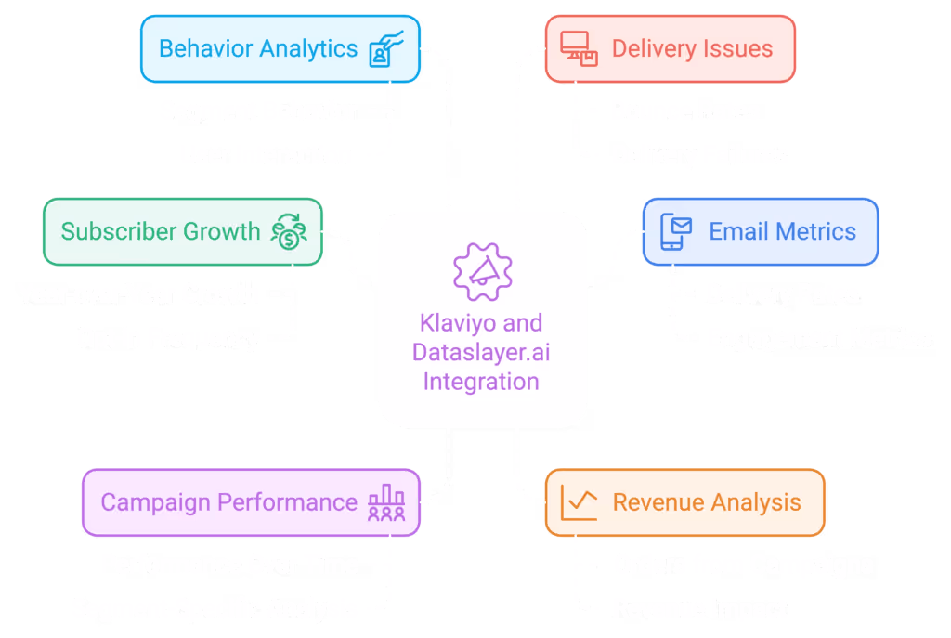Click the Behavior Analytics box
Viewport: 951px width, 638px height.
(280, 48)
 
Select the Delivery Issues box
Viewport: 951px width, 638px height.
(670, 48)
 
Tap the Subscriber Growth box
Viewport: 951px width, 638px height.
(183, 231)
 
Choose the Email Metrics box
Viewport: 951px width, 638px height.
(760, 231)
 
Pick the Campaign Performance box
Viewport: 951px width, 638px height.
(251, 502)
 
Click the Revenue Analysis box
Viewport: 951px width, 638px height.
(684, 502)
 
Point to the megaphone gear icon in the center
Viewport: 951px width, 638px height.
(481, 268)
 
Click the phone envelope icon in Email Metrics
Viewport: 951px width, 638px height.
(676, 231)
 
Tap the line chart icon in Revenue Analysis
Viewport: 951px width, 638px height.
(579, 502)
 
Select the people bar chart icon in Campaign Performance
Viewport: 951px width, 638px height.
(386, 502)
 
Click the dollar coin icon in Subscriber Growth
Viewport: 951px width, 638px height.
(289, 232)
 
